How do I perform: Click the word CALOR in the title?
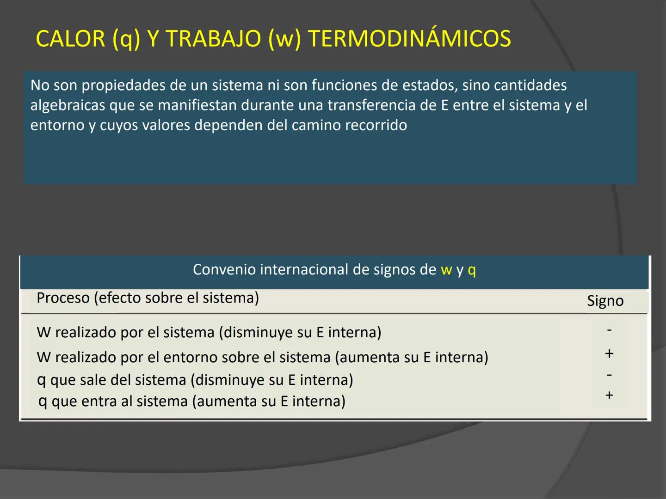[x=70, y=38]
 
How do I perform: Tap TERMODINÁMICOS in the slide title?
[x=409, y=38]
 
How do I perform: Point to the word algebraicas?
[x=68, y=105]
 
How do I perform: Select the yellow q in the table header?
[x=472, y=270]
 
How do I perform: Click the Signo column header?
[x=605, y=301]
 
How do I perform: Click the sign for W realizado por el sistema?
[x=609, y=330]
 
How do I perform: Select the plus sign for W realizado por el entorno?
[x=609, y=353]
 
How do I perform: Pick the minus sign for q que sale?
[x=609, y=375]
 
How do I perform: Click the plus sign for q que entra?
[x=609, y=395]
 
